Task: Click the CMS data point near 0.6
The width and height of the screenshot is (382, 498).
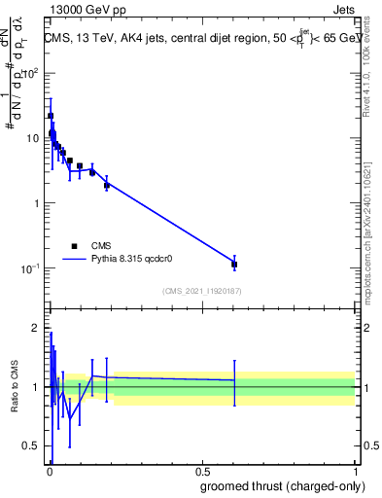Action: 234,264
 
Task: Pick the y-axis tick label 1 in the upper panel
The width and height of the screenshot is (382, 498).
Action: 36,203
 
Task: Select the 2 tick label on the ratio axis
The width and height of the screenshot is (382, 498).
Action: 36,327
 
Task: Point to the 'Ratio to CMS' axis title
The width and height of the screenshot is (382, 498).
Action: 13,387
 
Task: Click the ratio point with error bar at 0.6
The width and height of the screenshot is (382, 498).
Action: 234,380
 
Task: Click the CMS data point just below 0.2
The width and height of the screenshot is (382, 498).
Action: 107,185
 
